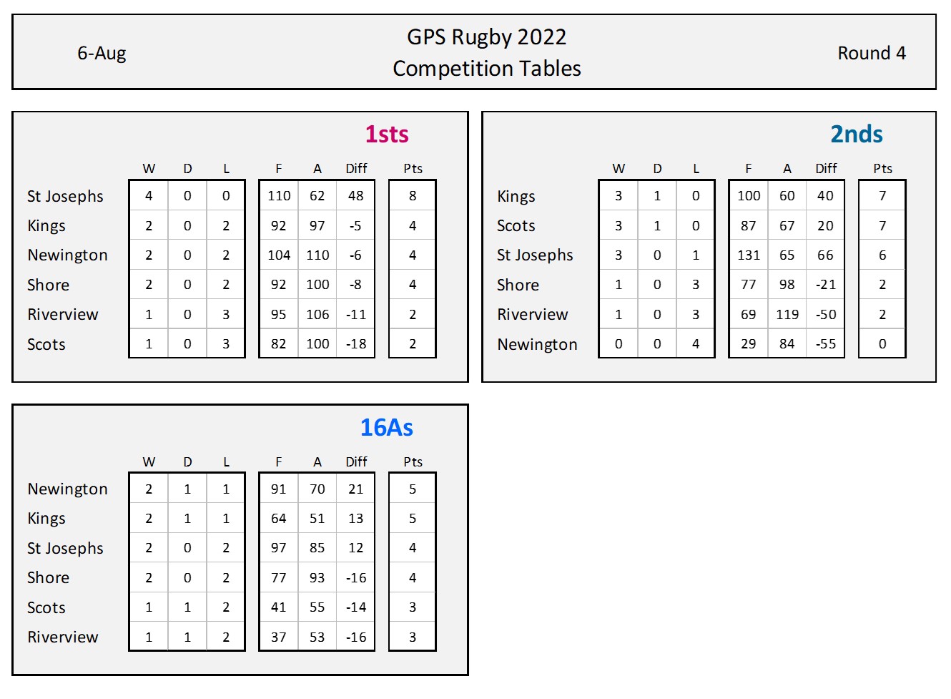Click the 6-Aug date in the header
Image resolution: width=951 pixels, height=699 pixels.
coord(102,54)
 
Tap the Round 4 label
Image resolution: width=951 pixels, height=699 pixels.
coord(871,54)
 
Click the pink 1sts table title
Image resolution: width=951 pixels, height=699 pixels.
coord(387,135)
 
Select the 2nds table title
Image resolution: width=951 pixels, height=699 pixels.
coord(856,135)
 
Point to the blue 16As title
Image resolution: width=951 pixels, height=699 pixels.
coord(386,428)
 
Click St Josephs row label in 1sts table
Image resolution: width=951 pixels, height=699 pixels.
coord(65,196)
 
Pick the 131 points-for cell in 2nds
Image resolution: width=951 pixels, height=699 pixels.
coord(749,255)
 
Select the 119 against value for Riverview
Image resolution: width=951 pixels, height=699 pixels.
coord(787,315)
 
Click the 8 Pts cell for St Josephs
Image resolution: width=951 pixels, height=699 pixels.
coord(413,196)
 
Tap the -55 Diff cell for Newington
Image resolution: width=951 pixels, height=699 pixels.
coord(826,344)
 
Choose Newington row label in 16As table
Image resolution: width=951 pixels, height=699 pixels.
coord(67,489)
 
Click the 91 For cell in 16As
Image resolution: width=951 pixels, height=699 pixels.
coord(279,489)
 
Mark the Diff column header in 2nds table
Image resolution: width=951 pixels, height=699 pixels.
coord(826,169)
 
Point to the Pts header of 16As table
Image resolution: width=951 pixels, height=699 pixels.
coord(413,462)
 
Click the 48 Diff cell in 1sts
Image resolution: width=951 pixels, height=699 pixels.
coord(356,196)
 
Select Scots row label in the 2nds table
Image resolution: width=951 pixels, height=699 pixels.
coord(516,226)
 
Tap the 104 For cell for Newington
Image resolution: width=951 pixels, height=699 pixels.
coord(279,255)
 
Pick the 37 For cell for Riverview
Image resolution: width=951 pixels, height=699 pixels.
coord(279,637)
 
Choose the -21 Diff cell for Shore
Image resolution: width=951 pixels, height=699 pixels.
coord(826,285)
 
